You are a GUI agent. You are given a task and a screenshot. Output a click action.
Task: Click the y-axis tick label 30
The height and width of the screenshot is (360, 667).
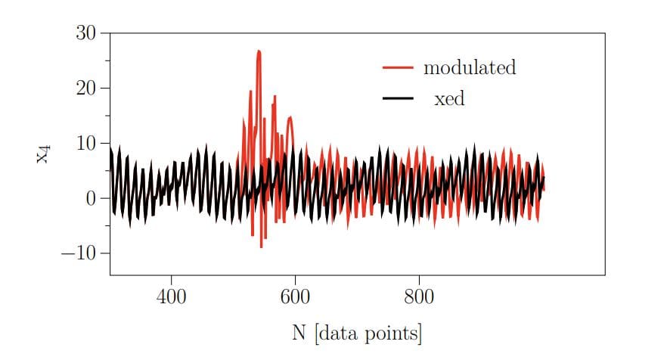click(x=88, y=33)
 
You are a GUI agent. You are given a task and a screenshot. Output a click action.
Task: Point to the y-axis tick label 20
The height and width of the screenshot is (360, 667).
click(x=88, y=88)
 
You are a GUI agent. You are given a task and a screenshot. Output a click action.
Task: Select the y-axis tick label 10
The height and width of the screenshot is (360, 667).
click(x=88, y=144)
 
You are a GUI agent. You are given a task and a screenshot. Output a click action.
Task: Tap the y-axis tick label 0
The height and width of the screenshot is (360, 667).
click(x=93, y=199)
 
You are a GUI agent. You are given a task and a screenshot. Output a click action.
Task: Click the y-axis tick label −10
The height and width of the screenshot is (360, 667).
click(x=82, y=253)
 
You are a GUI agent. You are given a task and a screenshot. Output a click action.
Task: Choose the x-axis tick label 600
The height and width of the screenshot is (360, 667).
click(x=295, y=296)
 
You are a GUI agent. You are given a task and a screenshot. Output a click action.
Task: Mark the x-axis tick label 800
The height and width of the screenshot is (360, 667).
click(x=419, y=296)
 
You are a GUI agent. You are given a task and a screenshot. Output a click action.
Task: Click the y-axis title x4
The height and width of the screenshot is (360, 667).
click(x=44, y=154)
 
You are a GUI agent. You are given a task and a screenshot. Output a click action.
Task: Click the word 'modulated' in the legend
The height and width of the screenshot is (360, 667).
click(x=469, y=67)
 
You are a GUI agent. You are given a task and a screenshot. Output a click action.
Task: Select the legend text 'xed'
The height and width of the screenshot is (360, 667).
click(x=449, y=98)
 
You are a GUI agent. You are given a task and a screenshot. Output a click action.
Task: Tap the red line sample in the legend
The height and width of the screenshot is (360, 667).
click(x=398, y=67)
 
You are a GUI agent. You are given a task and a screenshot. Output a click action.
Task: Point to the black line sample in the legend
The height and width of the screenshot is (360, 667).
click(x=398, y=98)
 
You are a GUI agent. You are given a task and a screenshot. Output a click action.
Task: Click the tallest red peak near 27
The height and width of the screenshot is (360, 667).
click(x=259, y=51)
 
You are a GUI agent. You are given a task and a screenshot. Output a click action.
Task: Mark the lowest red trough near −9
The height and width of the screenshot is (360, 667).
click(x=262, y=247)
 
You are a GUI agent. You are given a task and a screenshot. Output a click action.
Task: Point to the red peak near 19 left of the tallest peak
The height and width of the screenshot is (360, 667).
click(x=250, y=92)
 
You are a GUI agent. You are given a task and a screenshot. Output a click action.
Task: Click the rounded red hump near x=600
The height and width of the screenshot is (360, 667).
click(x=290, y=118)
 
